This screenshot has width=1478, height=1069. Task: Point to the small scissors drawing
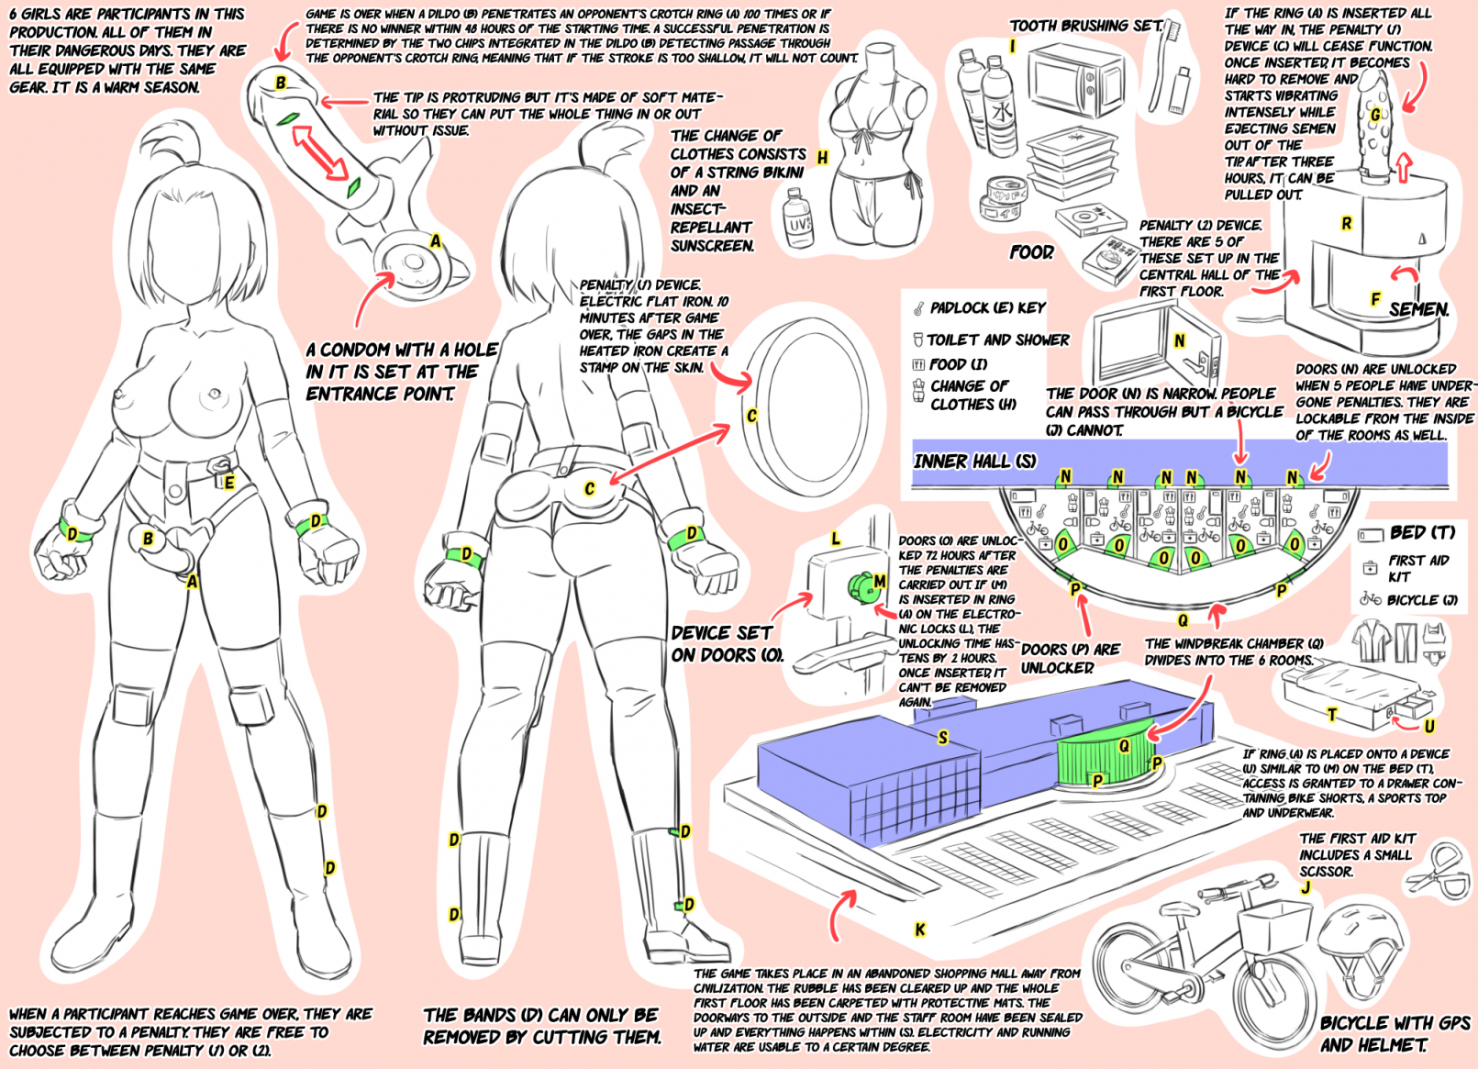tap(1436, 872)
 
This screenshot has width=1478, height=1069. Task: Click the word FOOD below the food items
tap(1031, 252)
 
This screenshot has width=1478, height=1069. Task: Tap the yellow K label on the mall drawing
tap(920, 930)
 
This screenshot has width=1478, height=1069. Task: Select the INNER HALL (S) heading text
tap(974, 462)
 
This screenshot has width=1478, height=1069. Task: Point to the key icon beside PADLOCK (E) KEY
tap(919, 308)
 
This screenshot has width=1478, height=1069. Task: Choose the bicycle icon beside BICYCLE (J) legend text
tap(1371, 599)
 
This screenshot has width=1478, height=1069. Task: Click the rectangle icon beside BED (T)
tap(1370, 534)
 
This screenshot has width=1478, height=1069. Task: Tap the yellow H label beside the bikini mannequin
tap(822, 158)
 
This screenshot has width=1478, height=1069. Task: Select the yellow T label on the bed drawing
tap(1332, 714)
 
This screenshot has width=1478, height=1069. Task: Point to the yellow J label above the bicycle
tap(1306, 887)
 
